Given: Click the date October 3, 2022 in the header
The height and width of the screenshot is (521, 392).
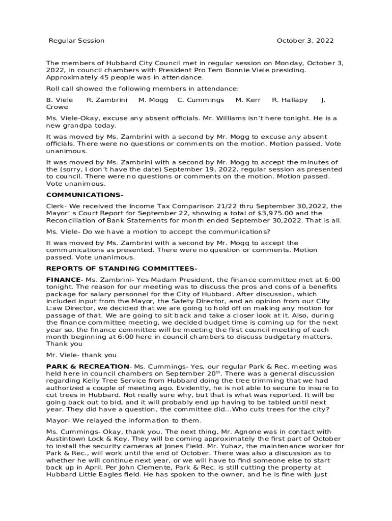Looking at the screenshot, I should [305, 41].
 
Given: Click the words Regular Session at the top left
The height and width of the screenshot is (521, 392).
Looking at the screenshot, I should [76, 41].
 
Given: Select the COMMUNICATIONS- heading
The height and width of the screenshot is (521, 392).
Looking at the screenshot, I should [85, 195].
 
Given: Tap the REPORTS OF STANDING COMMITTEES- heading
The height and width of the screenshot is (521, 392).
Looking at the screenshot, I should [122, 268].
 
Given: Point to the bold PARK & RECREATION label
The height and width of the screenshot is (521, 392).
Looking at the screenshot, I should [88, 366].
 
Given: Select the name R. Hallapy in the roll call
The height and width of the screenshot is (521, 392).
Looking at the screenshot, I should [290, 100].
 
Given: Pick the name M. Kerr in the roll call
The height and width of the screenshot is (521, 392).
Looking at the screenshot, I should [248, 100].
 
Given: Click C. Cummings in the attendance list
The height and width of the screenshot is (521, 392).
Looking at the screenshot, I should [201, 100].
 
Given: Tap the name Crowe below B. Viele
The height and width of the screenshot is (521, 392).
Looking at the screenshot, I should [57, 107].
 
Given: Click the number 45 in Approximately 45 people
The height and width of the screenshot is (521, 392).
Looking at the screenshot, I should [98, 77].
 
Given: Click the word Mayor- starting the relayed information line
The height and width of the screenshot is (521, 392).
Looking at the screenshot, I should [58, 420].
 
